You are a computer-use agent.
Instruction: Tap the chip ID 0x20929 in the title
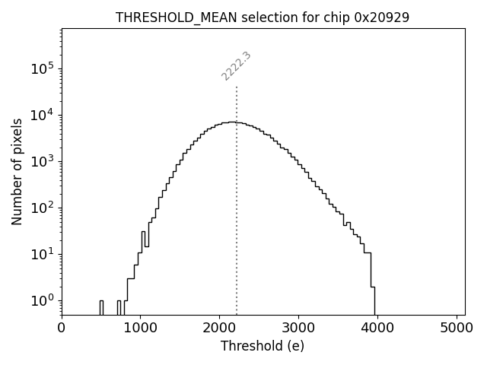pos(382,17)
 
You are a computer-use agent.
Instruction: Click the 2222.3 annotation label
pos(236,66)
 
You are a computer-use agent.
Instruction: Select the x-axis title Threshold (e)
pos(263,346)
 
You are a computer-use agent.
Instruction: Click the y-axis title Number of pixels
pos(17,170)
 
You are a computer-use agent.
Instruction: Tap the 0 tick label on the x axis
pos(62,328)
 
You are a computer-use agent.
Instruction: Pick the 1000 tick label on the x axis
pos(140,328)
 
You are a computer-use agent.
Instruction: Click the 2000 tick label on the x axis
pos(219,328)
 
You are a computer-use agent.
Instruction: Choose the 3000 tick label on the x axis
pos(298,328)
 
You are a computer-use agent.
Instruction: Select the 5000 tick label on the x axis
pos(457,328)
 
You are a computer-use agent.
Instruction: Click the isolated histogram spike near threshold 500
pos(101,306)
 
